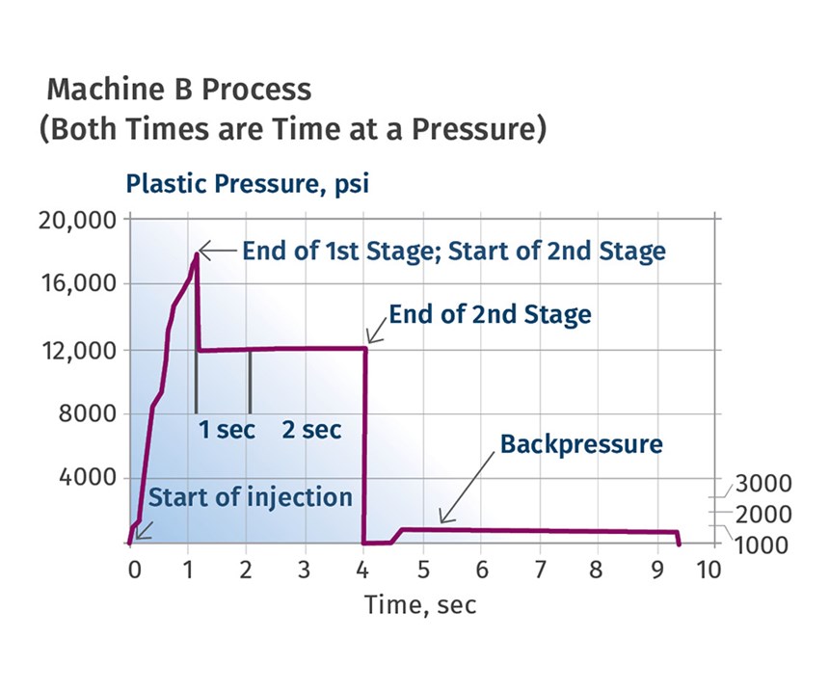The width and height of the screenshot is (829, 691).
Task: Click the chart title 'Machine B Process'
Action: click(x=179, y=90)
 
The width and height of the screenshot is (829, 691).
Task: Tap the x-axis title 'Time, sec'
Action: click(x=419, y=605)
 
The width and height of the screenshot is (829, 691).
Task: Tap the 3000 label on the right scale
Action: click(x=763, y=484)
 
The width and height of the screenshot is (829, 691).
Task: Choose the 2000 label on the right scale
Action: click(x=763, y=514)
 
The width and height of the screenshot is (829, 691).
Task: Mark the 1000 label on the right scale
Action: click(x=763, y=545)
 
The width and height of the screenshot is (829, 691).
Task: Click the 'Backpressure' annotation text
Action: click(x=581, y=445)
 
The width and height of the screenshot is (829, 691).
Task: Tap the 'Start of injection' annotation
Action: click(x=251, y=498)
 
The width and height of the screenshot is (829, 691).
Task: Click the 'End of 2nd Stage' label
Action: click(x=490, y=314)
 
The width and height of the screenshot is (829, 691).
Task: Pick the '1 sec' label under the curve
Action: click(x=227, y=430)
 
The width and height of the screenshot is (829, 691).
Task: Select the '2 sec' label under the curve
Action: click(x=311, y=430)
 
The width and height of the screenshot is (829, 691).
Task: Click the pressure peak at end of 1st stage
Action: click(x=197, y=253)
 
